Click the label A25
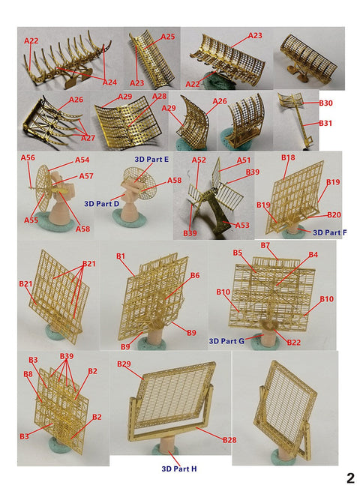167,37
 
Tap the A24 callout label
109,82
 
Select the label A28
160,97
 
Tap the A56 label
28,157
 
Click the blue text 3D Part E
152,160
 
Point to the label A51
244,160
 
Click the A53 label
242,225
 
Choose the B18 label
289,158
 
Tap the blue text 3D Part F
330,233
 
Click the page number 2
349,478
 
